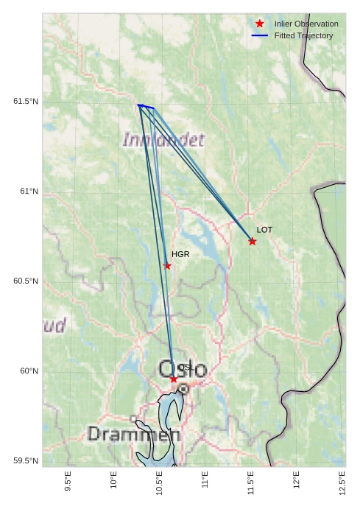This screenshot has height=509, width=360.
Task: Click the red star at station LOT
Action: [x=253, y=242]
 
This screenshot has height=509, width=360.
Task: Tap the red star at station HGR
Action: [x=167, y=266]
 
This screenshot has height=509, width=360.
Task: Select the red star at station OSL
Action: [x=174, y=379]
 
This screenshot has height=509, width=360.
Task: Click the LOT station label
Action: [x=264, y=230]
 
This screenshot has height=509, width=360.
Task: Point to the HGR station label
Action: [x=180, y=254]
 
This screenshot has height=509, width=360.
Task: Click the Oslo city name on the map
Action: [x=182, y=369]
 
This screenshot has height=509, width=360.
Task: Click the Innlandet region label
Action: [x=163, y=139]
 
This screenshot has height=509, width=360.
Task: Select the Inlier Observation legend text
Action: [x=306, y=24]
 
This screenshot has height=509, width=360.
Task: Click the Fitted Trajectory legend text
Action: [x=303, y=35]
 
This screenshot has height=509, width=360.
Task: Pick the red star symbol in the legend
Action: [x=260, y=24]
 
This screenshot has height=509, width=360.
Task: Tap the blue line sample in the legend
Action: [x=260, y=35]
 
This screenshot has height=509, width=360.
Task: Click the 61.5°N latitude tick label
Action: [x=25, y=101]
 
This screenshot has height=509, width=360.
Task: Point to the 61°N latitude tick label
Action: [x=29, y=192]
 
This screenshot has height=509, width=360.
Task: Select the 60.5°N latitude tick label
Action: [x=25, y=281]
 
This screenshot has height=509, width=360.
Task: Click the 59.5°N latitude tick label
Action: [x=25, y=461]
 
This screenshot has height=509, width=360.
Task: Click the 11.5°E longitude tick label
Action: [x=251, y=482]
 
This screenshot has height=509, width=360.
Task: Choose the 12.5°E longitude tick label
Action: [x=342, y=482]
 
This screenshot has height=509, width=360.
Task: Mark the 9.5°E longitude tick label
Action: [x=68, y=482]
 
